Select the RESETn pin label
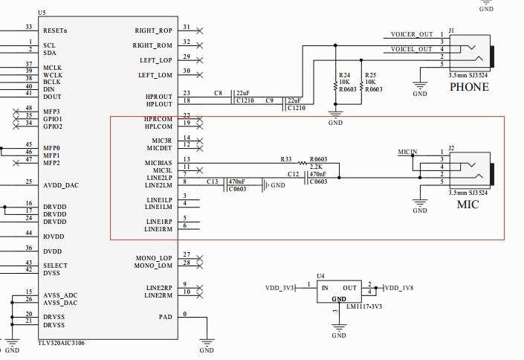pos(56,30)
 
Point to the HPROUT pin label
pos(158,97)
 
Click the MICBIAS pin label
pos(158,162)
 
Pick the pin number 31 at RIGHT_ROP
pos(186,28)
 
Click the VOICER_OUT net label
pos(411,35)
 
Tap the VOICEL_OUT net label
pos(411,49)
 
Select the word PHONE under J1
pos(469,87)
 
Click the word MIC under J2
pos(468,205)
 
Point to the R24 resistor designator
pos(343,76)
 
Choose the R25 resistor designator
pos(370,76)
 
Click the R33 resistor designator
pos(286,159)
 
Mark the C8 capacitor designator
pos(218,93)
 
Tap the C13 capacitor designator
pos(211,181)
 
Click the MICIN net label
pos(407,152)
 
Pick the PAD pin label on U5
pos(166,317)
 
